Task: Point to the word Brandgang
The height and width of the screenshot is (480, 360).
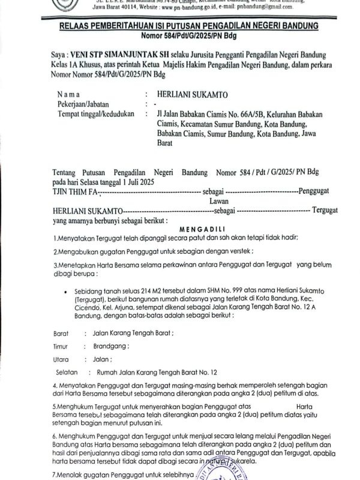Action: point(112,346)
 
